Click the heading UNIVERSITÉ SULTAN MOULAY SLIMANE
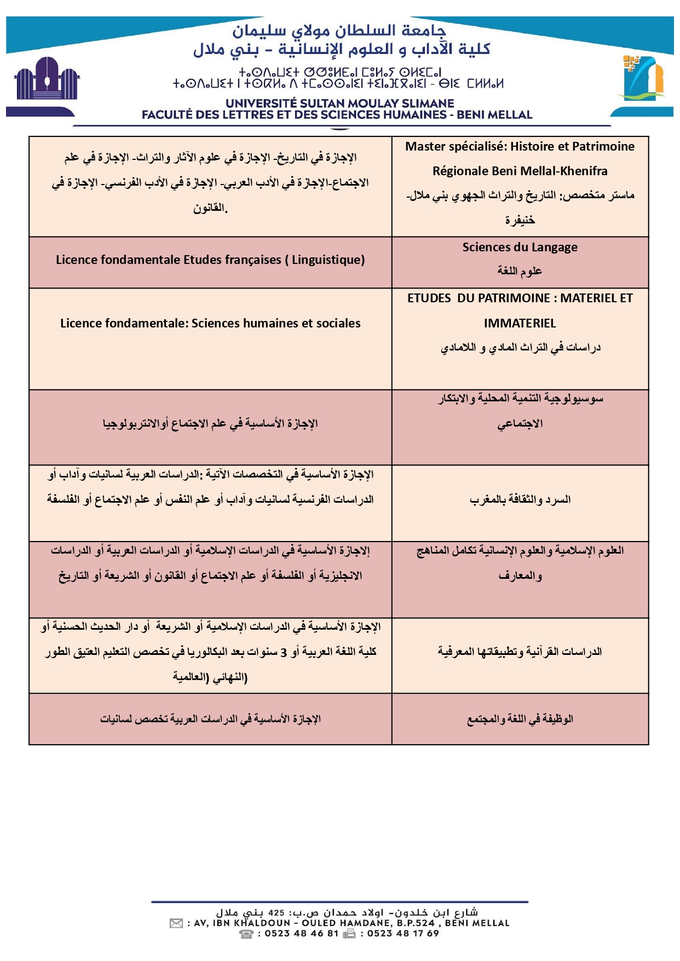[339, 103]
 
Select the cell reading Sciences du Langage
[520, 248]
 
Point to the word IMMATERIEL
[520, 324]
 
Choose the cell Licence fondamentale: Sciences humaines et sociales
[210, 324]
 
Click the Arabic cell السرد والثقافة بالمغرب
[520, 499]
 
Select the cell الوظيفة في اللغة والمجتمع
[520, 719]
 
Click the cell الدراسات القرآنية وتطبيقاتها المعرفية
[520, 652]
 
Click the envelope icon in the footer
[176, 924]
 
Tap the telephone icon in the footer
[246, 934]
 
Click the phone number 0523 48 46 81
[302, 934]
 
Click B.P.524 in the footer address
[415, 923]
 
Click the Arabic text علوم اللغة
[520, 271]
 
